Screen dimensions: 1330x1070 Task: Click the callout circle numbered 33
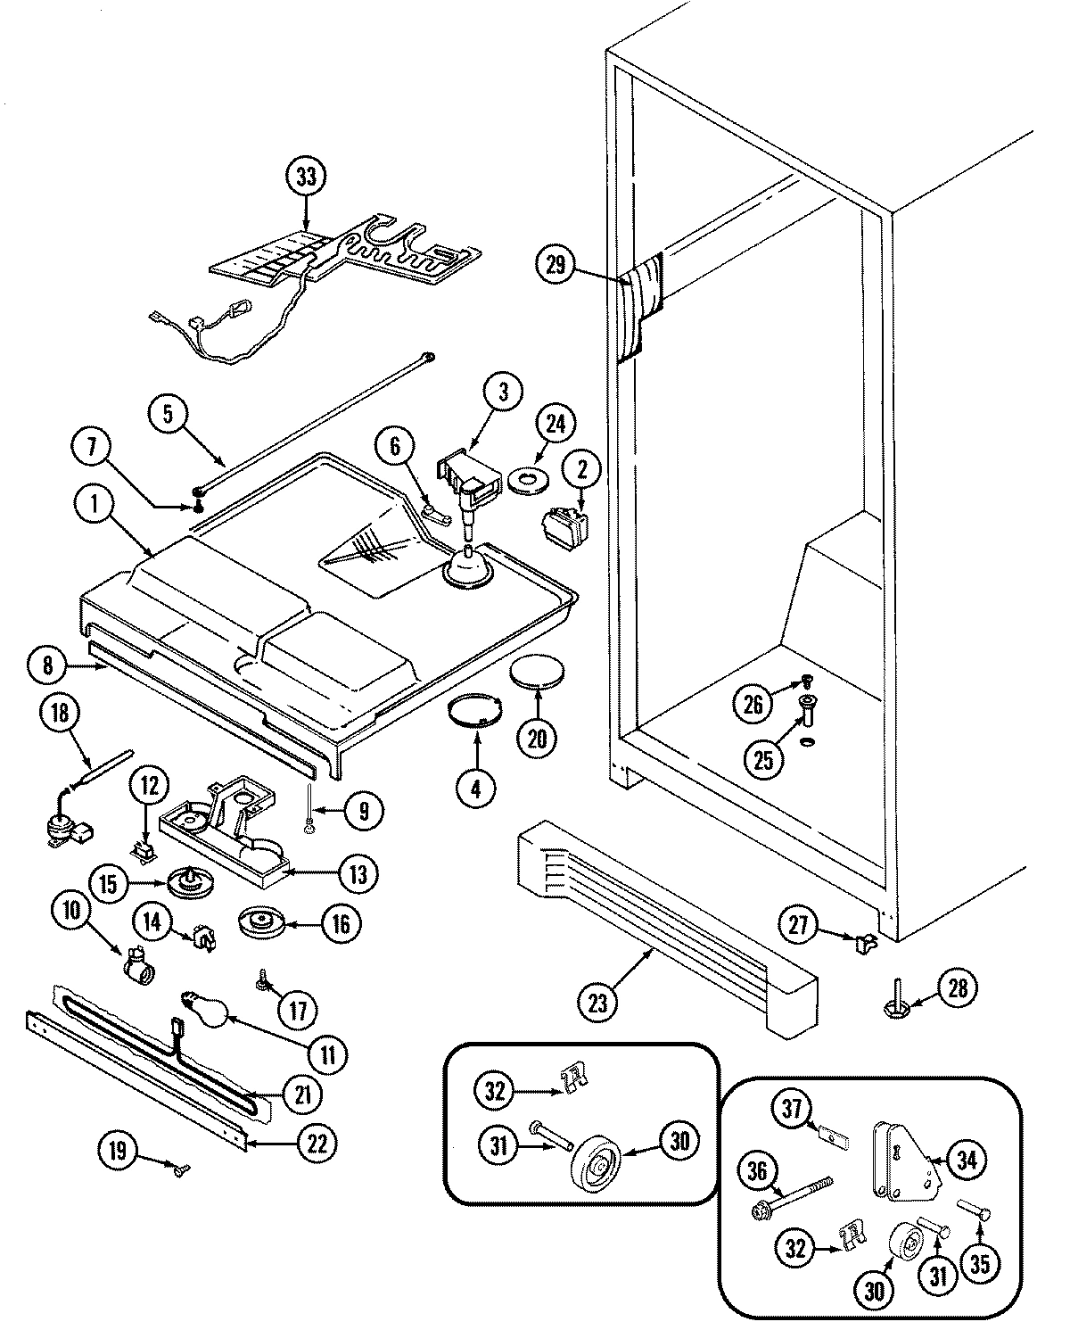(x=306, y=177)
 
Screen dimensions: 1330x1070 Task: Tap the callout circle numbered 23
(x=597, y=1002)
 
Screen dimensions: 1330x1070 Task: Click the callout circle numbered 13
(x=358, y=874)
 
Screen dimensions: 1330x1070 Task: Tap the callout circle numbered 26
(x=753, y=704)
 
